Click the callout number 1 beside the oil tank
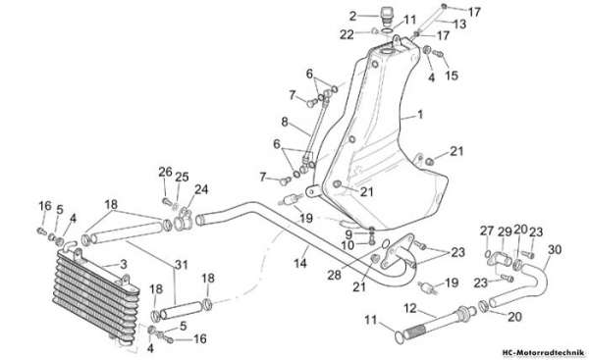point(420,114)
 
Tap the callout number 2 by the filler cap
point(352,16)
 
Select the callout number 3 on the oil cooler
point(124,264)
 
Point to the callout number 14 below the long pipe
point(300,263)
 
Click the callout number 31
point(181,265)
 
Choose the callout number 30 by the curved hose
point(555,249)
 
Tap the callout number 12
point(410,309)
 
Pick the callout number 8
point(285,122)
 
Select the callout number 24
point(201,189)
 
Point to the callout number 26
point(165,172)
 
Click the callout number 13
point(459,24)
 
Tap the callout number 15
point(452,76)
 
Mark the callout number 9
point(348,235)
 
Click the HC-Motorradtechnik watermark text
point(543,353)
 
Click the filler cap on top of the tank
point(386,14)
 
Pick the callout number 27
point(487,231)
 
